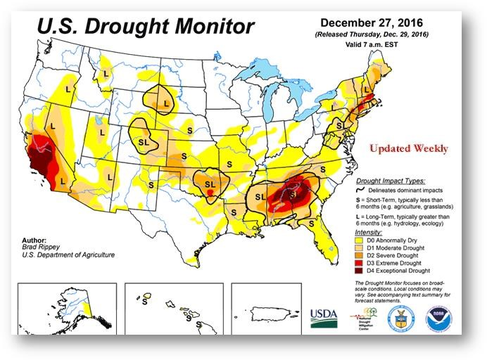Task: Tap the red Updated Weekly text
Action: tap(408, 149)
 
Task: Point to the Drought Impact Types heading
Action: tap(394, 181)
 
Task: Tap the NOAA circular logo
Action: tap(439, 318)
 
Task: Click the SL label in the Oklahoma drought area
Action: tap(210, 184)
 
